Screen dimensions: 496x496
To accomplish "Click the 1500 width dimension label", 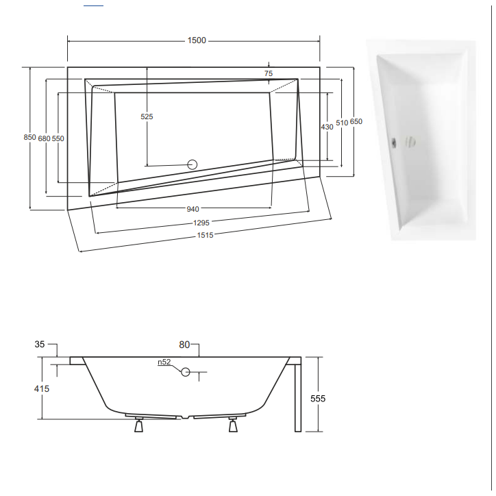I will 197,40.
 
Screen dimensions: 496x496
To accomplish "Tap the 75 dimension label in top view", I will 269,73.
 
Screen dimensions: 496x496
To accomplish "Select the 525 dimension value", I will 147,116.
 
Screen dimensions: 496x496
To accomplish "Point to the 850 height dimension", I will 29,137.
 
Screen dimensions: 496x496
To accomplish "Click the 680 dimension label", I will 45,138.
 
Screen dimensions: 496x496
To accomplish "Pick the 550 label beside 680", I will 58,138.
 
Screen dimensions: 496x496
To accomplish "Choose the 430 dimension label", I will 327,127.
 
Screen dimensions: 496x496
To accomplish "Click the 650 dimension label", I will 356,121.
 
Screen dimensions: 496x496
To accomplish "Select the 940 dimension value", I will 193,209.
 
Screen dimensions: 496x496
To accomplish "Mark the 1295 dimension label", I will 201,222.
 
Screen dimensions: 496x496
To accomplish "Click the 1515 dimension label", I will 205,235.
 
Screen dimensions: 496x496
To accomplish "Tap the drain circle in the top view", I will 193,164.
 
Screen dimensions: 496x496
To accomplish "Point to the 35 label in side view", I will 40,345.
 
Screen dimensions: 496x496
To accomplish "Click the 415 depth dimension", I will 42,388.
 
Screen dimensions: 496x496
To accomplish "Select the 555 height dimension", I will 317,398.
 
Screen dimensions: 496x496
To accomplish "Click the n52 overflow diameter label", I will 164,362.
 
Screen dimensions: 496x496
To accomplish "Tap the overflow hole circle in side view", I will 185,372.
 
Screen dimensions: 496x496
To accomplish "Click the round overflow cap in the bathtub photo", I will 410,142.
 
